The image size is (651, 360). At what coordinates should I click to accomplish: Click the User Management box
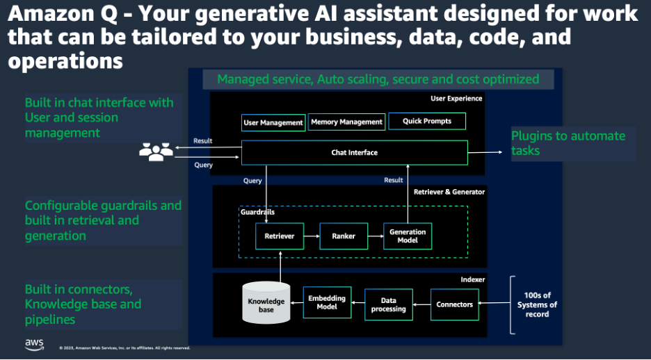pos(273,123)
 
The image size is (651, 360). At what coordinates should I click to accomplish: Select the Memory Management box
pos(346,122)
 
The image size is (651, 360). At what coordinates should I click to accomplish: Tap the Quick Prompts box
pos(426,121)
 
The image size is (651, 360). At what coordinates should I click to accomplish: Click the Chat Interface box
pos(355,152)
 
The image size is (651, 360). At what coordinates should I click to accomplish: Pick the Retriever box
pos(279,236)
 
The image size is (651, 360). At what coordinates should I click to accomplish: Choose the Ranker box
pos(343,236)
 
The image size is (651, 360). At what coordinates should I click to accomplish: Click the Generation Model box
pos(408,236)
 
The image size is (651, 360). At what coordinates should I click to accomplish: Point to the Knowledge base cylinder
pos(266,304)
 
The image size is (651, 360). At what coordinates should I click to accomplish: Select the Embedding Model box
pos(327,303)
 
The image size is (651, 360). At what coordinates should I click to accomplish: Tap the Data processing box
pos(388,304)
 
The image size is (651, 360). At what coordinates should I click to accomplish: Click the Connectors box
pos(454,304)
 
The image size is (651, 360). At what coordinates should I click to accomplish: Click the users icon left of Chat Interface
pos(156,152)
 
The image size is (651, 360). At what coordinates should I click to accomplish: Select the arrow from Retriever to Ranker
pos(310,236)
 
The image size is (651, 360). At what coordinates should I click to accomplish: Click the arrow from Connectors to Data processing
pos(421,304)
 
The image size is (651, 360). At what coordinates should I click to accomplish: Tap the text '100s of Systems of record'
pos(537,304)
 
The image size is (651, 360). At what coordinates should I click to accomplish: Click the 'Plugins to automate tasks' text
pos(568,143)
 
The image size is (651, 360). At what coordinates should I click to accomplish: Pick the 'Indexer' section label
pos(472,279)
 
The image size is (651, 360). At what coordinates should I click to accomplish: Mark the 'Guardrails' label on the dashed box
pos(257,212)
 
